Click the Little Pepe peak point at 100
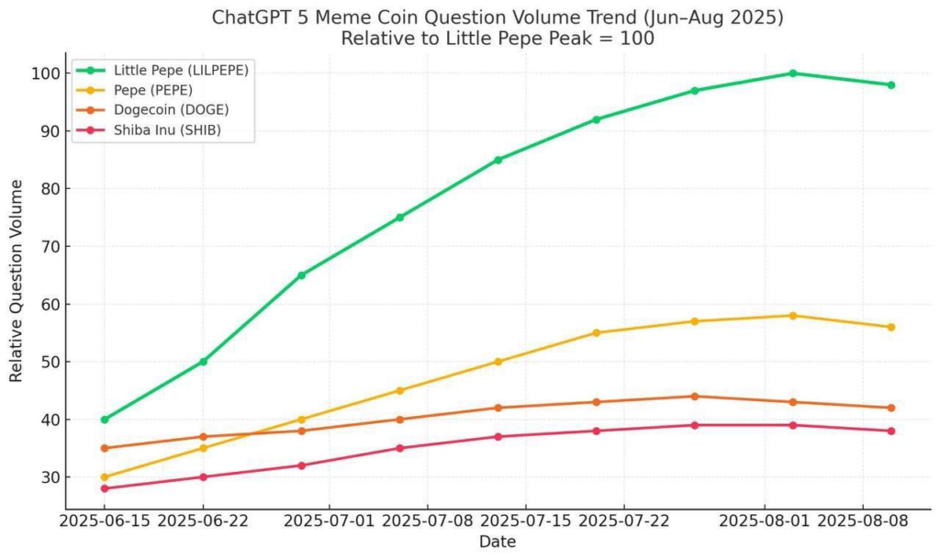(792, 73)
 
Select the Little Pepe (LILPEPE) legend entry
(181, 70)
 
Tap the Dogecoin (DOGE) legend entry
(171, 110)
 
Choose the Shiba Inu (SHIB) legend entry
(167, 130)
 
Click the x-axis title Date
(497, 543)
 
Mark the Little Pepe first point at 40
(105, 420)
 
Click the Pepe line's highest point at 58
(792, 316)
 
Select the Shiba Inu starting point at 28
(105, 488)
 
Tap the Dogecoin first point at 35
(105, 448)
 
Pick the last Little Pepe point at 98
(890, 85)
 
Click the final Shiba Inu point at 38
(890, 431)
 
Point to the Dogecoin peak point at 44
(694, 397)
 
